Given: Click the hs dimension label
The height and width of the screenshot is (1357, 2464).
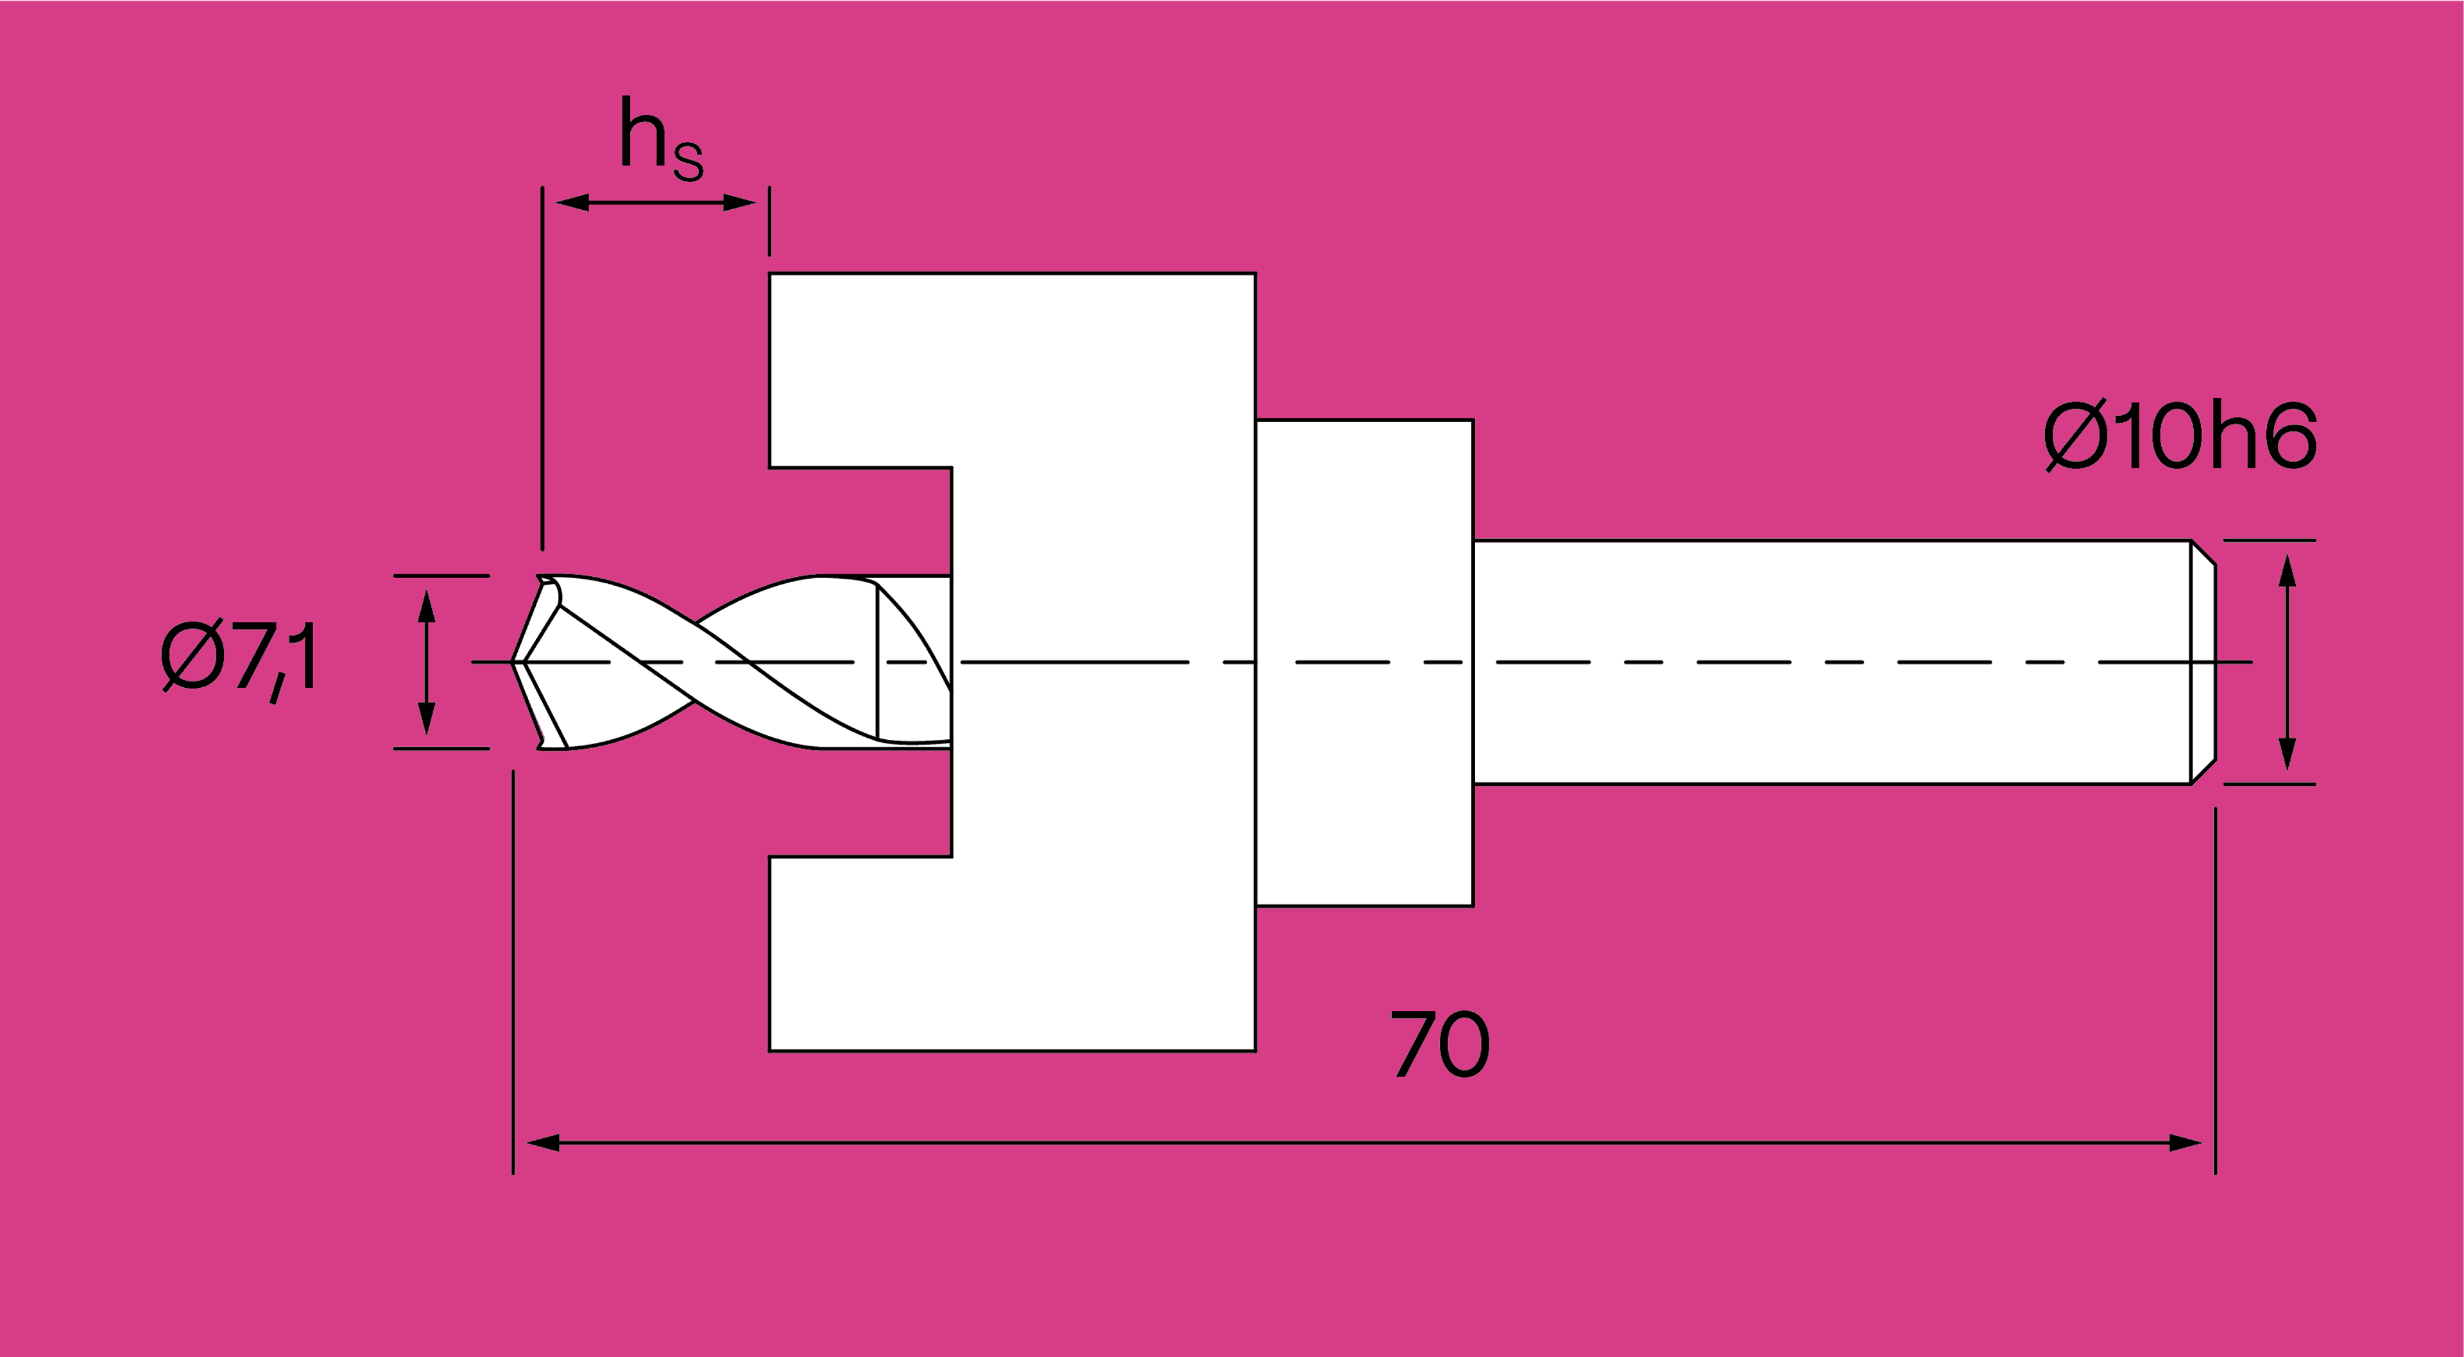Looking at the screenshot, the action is point(662,139).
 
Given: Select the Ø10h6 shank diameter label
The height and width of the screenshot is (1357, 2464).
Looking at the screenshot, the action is point(2180,435).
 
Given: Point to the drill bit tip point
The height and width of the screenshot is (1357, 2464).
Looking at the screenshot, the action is point(513,661).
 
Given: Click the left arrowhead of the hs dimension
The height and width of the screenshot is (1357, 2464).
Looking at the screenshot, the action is point(572,203).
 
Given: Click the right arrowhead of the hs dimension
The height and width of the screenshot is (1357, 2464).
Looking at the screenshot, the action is point(739,203).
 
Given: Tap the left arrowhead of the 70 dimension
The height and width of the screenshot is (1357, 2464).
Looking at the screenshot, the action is point(543,1143).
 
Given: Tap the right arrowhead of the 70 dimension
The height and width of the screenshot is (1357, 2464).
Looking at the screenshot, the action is point(2186,1143).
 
